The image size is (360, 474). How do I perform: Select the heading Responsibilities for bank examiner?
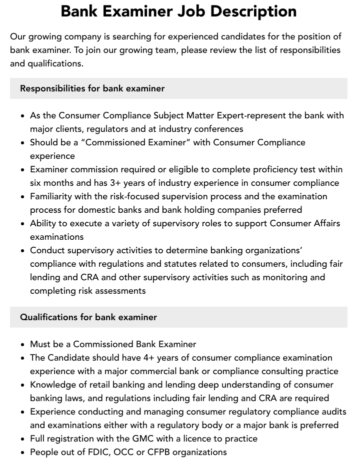coord(92,88)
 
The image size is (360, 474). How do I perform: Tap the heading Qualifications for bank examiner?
coord(88,317)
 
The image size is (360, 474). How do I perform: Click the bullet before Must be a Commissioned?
coord(23,345)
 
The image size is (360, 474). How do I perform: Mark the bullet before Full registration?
coord(23,439)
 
